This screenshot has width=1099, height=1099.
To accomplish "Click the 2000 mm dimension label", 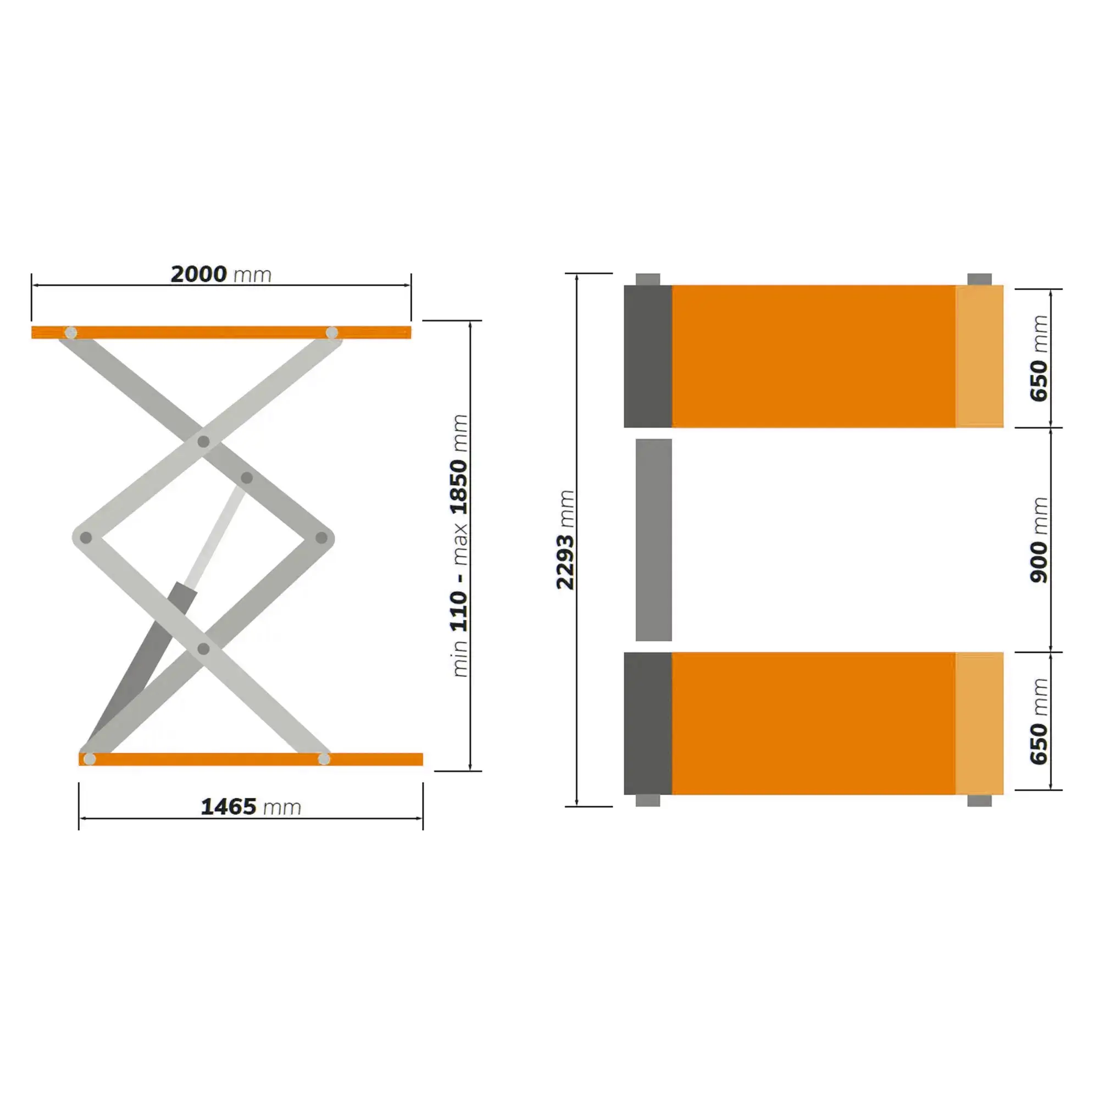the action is (x=221, y=274).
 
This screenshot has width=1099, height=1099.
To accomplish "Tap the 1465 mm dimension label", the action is (x=251, y=807).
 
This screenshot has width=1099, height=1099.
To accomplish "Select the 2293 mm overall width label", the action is (x=565, y=539).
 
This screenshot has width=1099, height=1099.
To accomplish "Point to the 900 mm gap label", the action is (x=1039, y=540).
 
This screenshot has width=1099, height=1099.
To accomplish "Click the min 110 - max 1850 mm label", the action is (x=459, y=546).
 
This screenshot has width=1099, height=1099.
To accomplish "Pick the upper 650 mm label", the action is (x=1039, y=358).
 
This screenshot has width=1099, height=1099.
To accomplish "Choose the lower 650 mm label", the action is (x=1039, y=721).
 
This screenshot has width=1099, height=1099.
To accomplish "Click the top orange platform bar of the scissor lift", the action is (x=221, y=332).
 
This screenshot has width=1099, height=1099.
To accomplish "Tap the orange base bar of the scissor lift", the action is (x=251, y=759).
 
